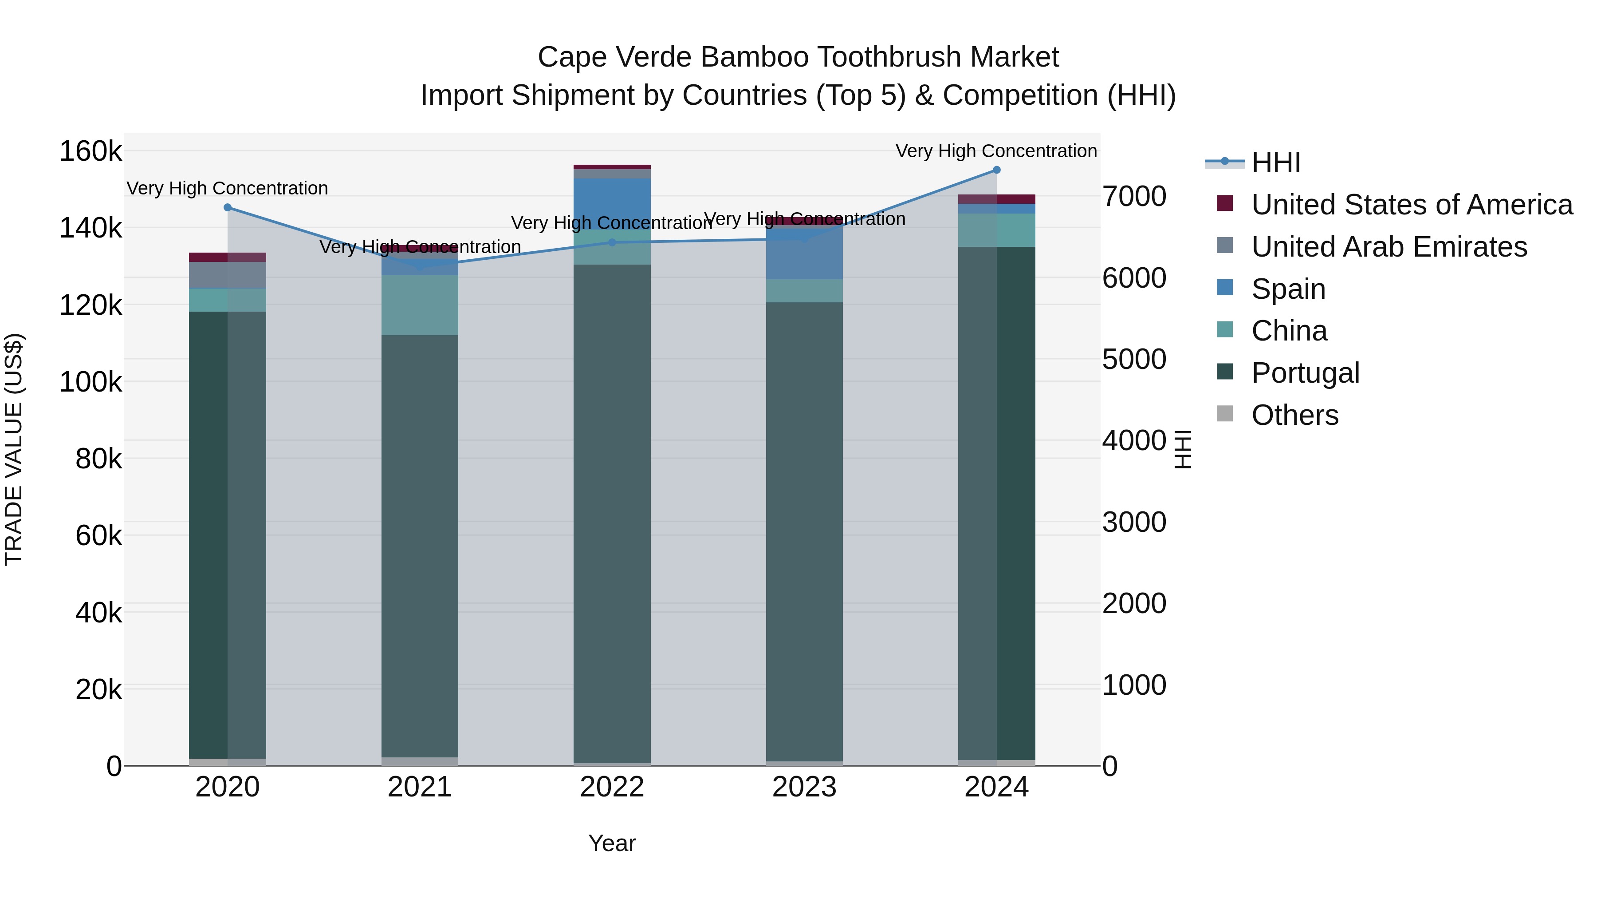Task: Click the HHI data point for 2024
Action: pyautogui.click(x=996, y=170)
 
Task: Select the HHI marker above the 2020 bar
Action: pyautogui.click(x=228, y=208)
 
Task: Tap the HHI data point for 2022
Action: pyautogui.click(x=612, y=242)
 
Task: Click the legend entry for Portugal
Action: pyautogui.click(x=1305, y=373)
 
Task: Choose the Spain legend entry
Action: pyautogui.click(x=1288, y=289)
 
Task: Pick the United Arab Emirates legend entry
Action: pyautogui.click(x=1389, y=247)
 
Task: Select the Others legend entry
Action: pyautogui.click(x=1294, y=415)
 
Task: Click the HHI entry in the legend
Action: pyautogui.click(x=1275, y=162)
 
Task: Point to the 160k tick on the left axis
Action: pyautogui.click(x=90, y=151)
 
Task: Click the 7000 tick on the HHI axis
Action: pyautogui.click(x=1134, y=197)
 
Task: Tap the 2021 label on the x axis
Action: pyautogui.click(x=420, y=787)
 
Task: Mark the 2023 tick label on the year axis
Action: pyautogui.click(x=804, y=787)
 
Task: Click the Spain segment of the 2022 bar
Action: pyautogui.click(x=612, y=203)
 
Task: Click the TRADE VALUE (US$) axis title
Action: pyautogui.click(x=14, y=449)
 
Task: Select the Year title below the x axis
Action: pyautogui.click(x=612, y=843)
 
